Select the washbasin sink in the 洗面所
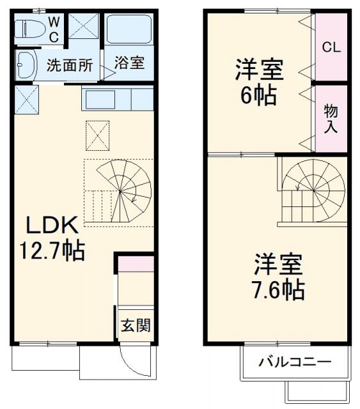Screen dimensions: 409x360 pyautogui.click(x=26, y=64)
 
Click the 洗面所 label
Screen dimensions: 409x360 pyautogui.click(x=70, y=65)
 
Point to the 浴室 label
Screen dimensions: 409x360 pyautogui.click(x=130, y=63)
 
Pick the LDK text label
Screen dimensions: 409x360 pyautogui.click(x=52, y=225)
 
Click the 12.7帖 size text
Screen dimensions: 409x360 pyautogui.click(x=53, y=250)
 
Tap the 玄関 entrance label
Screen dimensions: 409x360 pyautogui.click(x=136, y=325)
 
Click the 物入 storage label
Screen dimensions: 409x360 pyautogui.click(x=331, y=119)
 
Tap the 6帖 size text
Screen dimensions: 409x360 pyautogui.click(x=259, y=96)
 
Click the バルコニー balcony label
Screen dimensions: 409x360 pyautogui.click(x=295, y=362)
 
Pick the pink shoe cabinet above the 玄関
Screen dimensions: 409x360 pyautogui.click(x=136, y=263)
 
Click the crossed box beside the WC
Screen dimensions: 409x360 pyautogui.click(x=83, y=26)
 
